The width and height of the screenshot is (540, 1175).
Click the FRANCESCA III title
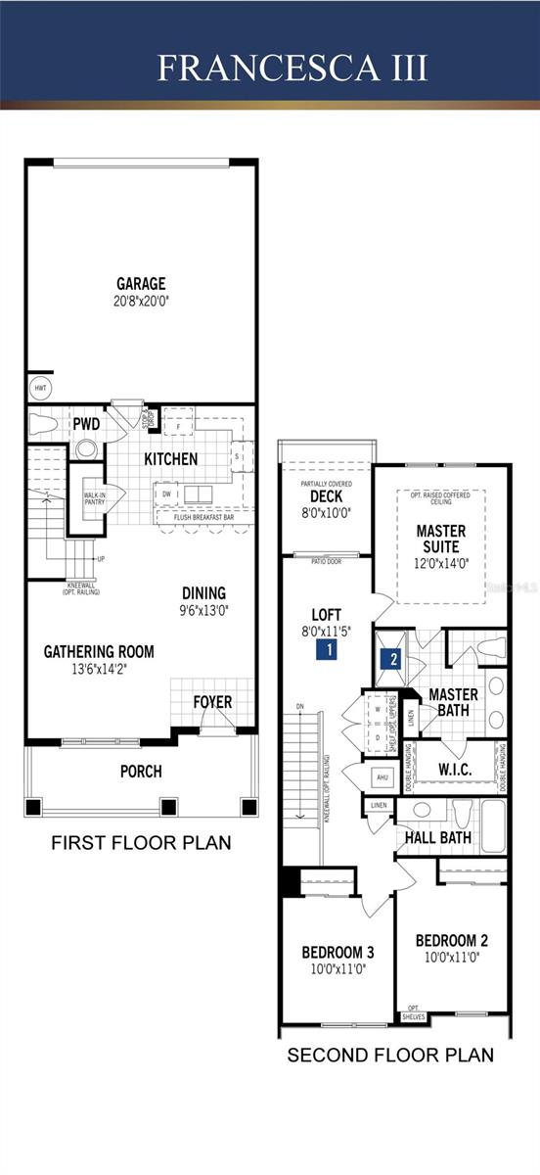292,68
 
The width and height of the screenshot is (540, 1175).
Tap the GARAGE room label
141,284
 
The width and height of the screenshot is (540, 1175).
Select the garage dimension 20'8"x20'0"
141,301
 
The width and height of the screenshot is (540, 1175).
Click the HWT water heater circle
40,388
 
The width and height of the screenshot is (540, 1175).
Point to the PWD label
85,424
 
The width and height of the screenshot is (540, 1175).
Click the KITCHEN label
171,458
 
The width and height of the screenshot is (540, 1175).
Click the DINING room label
203,592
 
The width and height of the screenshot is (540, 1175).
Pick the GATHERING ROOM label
99,651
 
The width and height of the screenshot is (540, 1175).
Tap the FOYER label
212,702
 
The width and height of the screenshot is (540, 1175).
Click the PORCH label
141,771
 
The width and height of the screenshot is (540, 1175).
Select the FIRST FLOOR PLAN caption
141,842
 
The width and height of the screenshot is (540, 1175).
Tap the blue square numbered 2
392,658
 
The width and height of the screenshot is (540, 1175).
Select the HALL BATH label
438,837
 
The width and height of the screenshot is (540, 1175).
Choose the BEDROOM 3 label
337,952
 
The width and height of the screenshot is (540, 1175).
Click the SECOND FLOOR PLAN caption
389,1056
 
